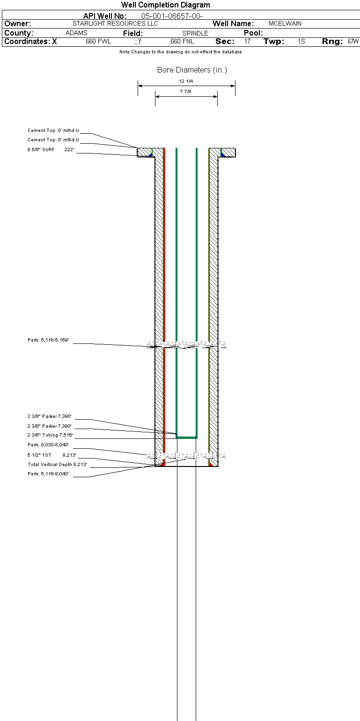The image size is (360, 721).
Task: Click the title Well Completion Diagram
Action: click(x=166, y=5)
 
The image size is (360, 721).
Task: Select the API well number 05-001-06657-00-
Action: click(x=172, y=16)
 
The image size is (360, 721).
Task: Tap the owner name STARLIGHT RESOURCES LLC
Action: click(x=115, y=23)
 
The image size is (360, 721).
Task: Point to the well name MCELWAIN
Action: click(x=285, y=23)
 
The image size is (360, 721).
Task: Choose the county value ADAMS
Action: click(x=76, y=33)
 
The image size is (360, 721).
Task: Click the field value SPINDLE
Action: click(x=195, y=33)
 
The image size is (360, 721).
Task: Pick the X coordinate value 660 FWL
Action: click(x=98, y=41)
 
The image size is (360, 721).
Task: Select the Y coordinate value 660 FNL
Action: click(x=182, y=41)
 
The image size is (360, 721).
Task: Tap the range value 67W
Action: click(x=353, y=41)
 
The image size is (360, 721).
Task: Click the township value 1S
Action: click(x=301, y=41)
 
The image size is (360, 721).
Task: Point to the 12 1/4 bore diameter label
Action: click(x=186, y=81)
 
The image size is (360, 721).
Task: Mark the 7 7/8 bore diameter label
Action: click(x=185, y=91)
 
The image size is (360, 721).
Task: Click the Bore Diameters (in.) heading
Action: click(x=192, y=70)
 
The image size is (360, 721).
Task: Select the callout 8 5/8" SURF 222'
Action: click(x=51, y=149)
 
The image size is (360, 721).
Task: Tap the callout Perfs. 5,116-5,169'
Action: click(x=48, y=340)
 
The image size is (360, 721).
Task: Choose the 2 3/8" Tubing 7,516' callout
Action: click(x=50, y=435)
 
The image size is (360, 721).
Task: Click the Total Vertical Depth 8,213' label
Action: click(x=57, y=464)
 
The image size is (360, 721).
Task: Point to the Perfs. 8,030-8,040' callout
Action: click(x=48, y=445)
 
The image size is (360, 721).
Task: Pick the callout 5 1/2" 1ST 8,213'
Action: click(x=52, y=455)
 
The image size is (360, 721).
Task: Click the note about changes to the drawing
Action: click(x=180, y=52)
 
